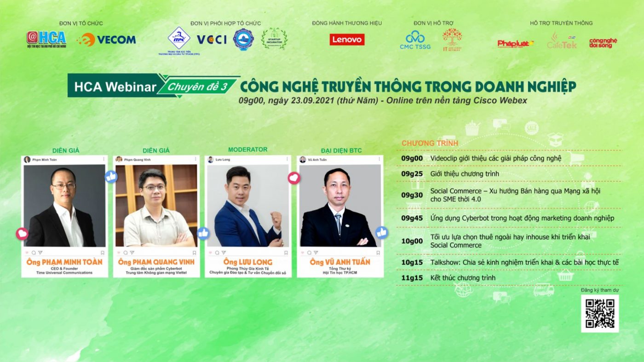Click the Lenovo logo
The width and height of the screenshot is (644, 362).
pyautogui.click(x=347, y=40)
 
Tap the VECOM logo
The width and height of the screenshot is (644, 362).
pyautogui.click(x=106, y=40)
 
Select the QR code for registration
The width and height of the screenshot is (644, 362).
pyautogui.click(x=600, y=313)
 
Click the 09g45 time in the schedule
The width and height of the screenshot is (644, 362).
pyautogui.click(x=412, y=218)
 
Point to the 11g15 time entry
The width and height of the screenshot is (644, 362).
pyautogui.click(x=412, y=278)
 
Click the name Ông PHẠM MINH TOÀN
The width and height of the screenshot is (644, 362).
pyautogui.click(x=64, y=262)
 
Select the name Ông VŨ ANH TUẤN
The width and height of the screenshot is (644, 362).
pyautogui.click(x=340, y=262)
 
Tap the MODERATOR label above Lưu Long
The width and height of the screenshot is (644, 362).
pyautogui.click(x=247, y=149)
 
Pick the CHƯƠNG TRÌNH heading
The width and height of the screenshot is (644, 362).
pyautogui.click(x=430, y=143)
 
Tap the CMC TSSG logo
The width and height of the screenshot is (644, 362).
pyautogui.click(x=415, y=40)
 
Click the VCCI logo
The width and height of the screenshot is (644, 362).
pyautogui.click(x=212, y=40)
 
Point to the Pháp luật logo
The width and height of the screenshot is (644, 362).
pyautogui.click(x=515, y=44)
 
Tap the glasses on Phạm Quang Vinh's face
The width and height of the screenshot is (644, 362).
pyautogui.click(x=154, y=188)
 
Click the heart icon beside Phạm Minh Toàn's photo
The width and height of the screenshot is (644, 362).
pyautogui.click(x=22, y=234)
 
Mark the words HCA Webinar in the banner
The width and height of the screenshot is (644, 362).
pyautogui.click(x=115, y=86)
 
